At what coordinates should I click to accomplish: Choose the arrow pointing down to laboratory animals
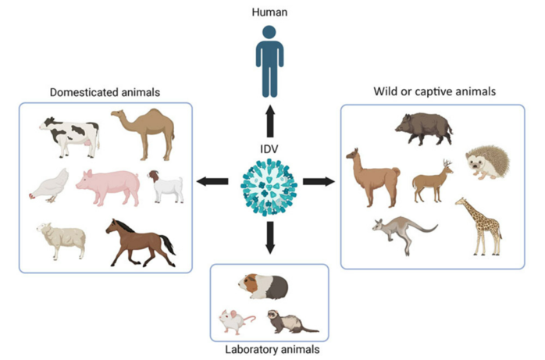[x=270, y=237]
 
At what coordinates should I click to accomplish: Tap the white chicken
[x=48, y=188]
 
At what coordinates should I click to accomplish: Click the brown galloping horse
[x=141, y=241]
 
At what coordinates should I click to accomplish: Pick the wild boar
[x=422, y=128]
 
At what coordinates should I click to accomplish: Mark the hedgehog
[x=487, y=164]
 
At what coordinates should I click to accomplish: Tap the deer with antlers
[x=432, y=182]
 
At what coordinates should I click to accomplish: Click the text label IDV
[x=270, y=148]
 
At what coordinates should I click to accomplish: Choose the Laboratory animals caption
[x=269, y=349]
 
